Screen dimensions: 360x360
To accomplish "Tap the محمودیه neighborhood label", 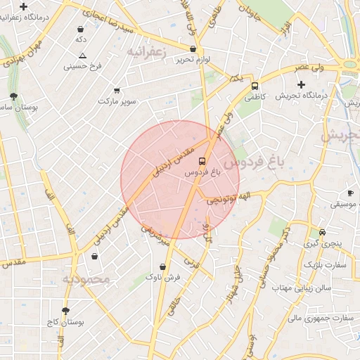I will click(x=86, y=279).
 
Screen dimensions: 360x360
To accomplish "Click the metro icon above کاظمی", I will click(x=255, y=86).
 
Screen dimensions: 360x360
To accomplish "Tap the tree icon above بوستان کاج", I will click(x=65, y=310).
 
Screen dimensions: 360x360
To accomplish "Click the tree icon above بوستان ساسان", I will click(x=13, y=96).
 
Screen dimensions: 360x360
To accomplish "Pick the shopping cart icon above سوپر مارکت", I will click(x=116, y=90).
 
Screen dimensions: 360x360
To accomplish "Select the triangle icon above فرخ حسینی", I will click(x=83, y=56).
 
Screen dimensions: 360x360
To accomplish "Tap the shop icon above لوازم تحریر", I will click(x=193, y=49).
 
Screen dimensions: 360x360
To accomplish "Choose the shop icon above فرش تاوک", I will click(x=163, y=266).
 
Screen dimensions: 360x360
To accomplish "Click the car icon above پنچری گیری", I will click(x=322, y=232).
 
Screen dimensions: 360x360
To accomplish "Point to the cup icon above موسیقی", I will click(x=350, y=193).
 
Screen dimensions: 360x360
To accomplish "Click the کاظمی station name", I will click(x=255, y=98).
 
